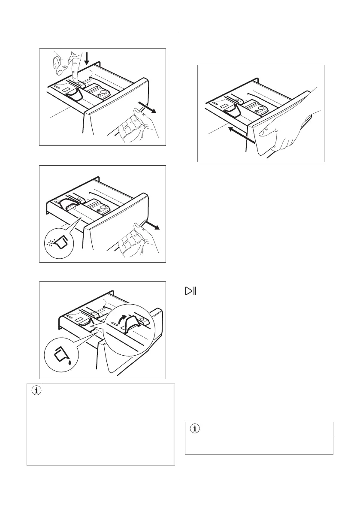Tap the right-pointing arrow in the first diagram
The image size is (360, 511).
[148, 107]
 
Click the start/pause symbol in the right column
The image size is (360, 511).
[190, 291]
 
